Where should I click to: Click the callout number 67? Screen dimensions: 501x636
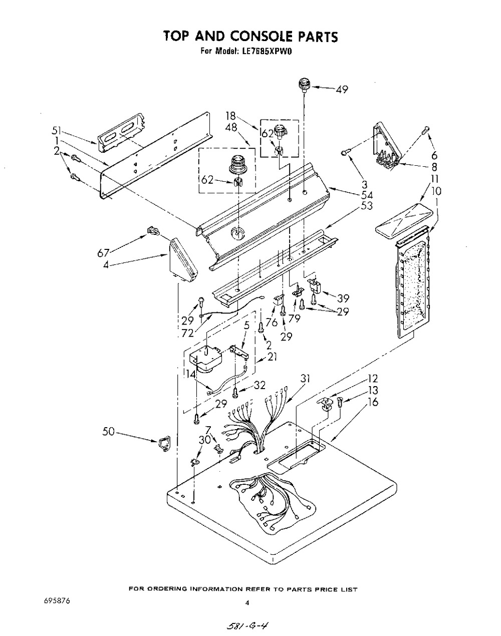[x=103, y=253]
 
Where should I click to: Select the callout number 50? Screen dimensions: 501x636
[x=109, y=432]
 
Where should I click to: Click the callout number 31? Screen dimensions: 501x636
[x=306, y=378]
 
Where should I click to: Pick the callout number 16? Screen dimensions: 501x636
[x=373, y=402]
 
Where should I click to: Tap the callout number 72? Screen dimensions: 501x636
[x=188, y=333]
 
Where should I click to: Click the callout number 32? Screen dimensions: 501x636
[x=260, y=386]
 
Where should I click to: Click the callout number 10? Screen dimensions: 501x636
[x=436, y=191]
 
